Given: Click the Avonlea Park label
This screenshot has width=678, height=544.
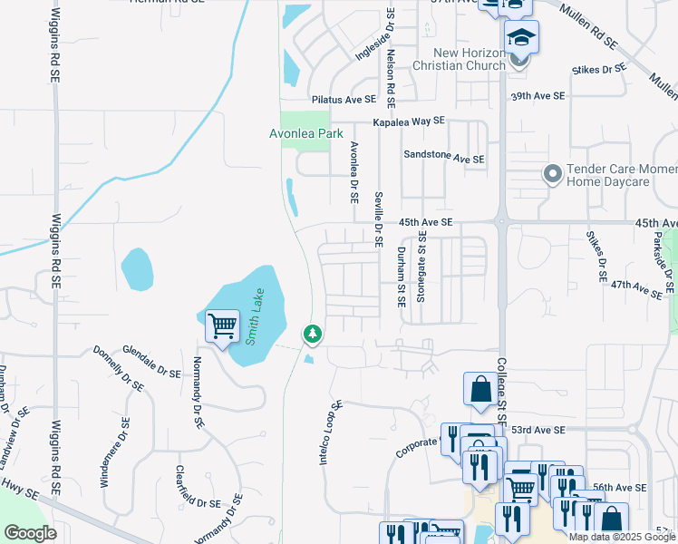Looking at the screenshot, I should [x=306, y=133].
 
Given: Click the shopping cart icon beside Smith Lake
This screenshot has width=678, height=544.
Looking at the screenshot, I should [x=222, y=325].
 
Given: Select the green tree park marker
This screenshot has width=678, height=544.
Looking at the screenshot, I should [x=313, y=335].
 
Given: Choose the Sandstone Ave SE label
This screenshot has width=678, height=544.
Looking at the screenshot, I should [x=444, y=157].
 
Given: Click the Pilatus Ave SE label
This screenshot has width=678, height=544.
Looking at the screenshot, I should [x=344, y=99].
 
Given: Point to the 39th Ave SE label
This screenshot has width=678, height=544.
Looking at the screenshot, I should [x=538, y=95].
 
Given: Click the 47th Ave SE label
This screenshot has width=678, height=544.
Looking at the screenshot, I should [x=635, y=288].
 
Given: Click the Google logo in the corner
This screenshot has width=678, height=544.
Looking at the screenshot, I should [x=30, y=533].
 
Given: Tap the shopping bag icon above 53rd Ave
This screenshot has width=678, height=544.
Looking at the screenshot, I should [x=478, y=388].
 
